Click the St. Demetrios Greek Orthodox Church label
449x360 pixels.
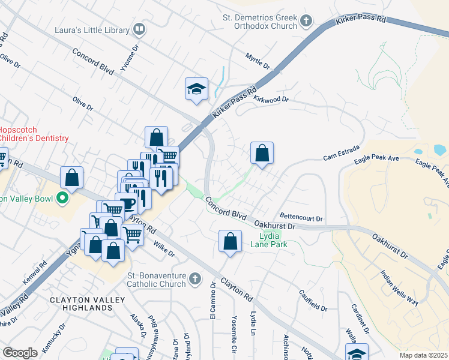click(x=259, y=22)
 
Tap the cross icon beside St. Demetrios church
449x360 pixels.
click(x=306, y=22)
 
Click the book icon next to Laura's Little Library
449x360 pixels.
click(x=139, y=28)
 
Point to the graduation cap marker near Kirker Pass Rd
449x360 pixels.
click(x=196, y=89)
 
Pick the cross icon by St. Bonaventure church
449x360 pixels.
click(x=194, y=278)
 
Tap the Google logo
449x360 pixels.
click(x=20, y=352)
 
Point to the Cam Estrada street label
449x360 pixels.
click(x=341, y=152)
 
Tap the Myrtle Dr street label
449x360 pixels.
click(x=259, y=61)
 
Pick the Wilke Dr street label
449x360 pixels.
click(x=163, y=249)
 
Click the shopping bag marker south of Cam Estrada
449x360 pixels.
click(x=262, y=153)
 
